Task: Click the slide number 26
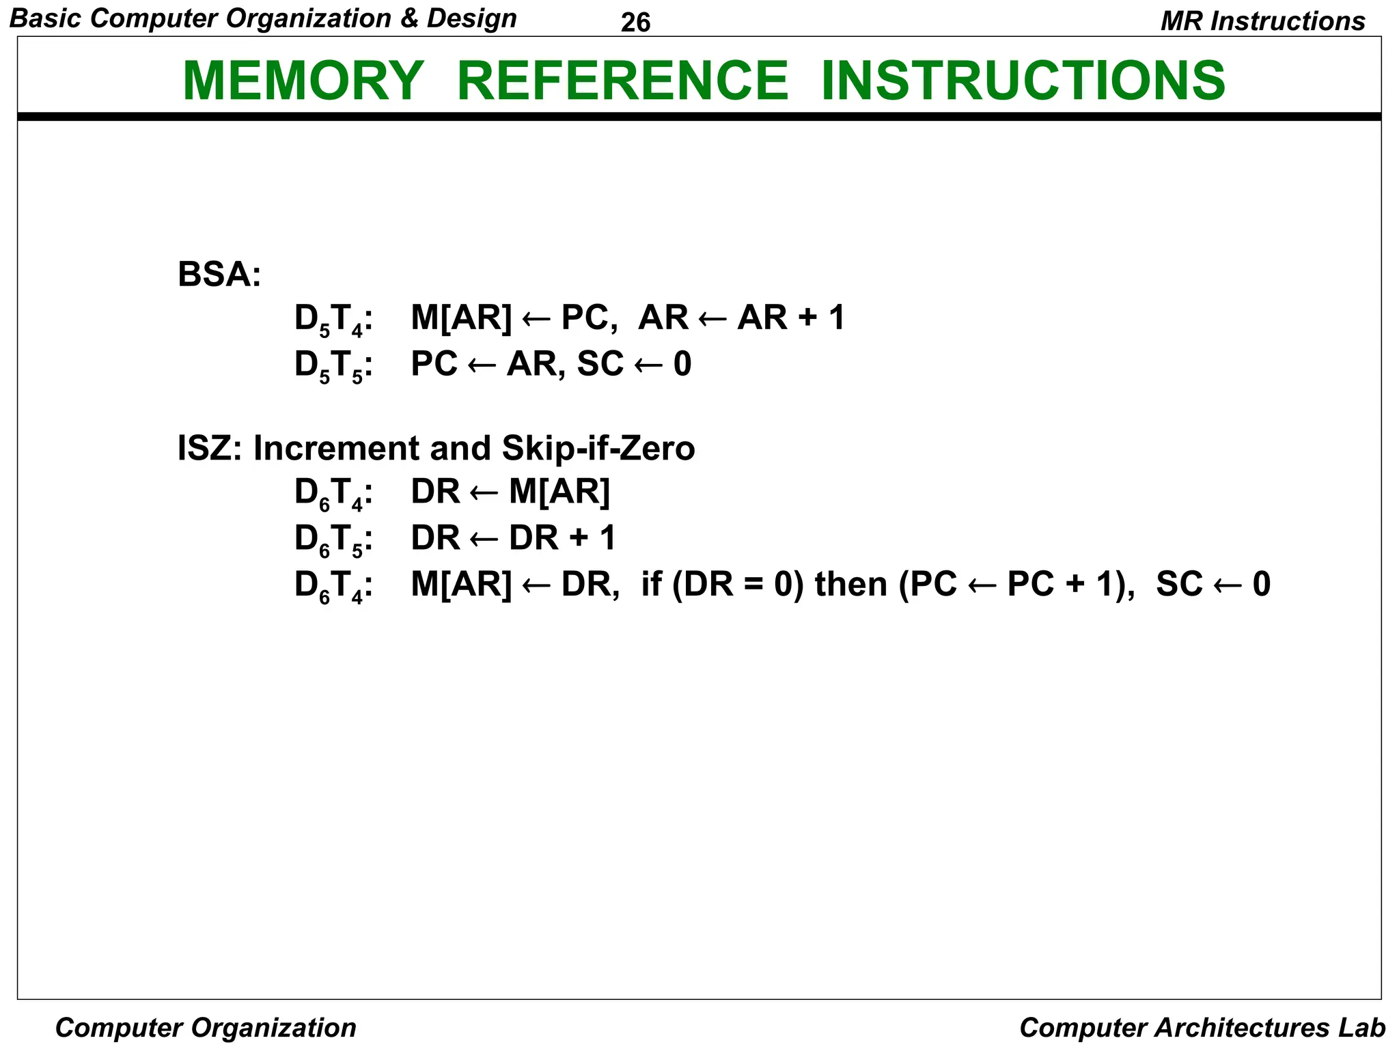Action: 635,23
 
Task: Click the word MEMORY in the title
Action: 303,81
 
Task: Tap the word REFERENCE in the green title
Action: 622,81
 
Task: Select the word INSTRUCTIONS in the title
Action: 1023,81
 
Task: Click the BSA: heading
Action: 219,275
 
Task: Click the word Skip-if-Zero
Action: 598,449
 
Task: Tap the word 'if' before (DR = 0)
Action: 650,585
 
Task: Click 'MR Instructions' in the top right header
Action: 1262,21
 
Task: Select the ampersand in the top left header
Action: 408,18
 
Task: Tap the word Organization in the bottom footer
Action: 273,1028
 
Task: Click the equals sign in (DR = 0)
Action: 751,585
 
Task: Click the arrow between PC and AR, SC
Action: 482,365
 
